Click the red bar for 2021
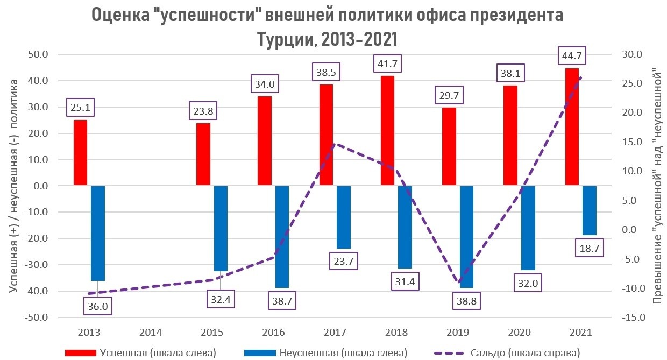[x=572, y=127]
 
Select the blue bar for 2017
[x=344, y=217]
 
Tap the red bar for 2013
[x=80, y=153]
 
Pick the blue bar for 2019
[x=466, y=237]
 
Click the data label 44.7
[x=572, y=56]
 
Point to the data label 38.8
[x=466, y=300]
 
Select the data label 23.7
[x=344, y=261]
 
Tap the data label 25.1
[x=80, y=108]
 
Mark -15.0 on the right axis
[x=630, y=317]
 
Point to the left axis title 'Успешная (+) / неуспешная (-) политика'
[x=15, y=186]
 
